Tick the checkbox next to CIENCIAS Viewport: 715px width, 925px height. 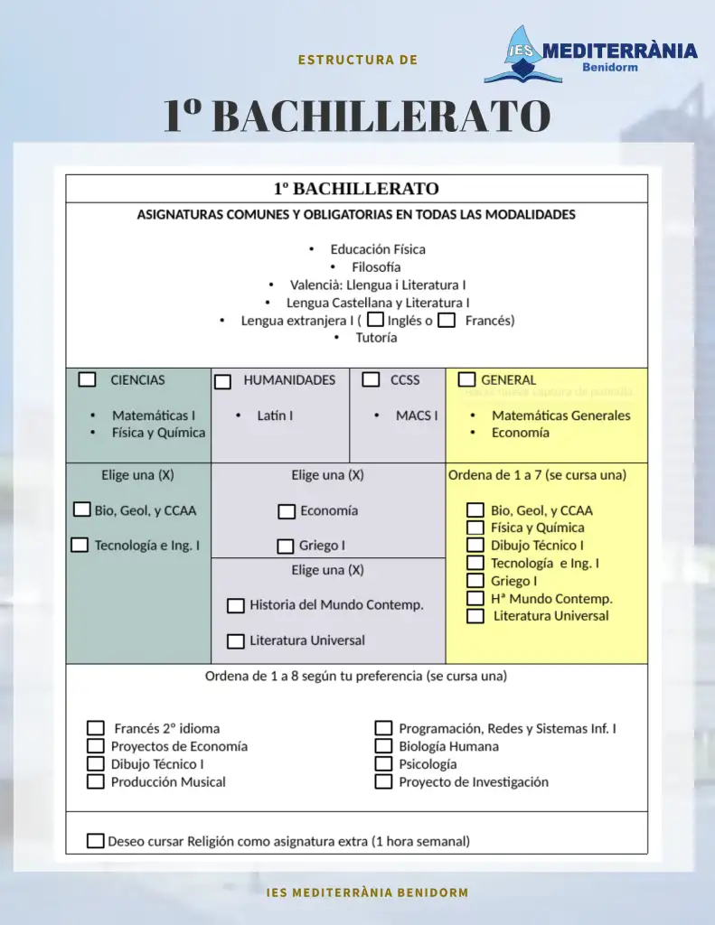pyautogui.click(x=87, y=379)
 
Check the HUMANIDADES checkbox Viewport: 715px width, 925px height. pyautogui.click(x=222, y=381)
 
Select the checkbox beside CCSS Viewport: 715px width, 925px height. pyautogui.click(x=371, y=379)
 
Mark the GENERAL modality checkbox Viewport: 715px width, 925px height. pyautogui.click(x=467, y=379)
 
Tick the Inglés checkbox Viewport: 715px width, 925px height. pyautogui.click(x=376, y=320)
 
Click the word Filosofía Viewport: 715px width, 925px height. pyautogui.click(x=376, y=266)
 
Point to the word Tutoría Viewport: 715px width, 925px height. pyautogui.click(x=376, y=337)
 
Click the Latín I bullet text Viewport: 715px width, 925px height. pyautogui.click(x=275, y=416)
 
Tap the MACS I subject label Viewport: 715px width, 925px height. pyautogui.click(x=416, y=416)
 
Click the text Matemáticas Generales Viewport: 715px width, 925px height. pyautogui.click(x=560, y=416)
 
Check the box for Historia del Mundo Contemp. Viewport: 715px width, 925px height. pyautogui.click(x=236, y=605)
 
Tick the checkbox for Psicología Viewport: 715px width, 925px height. pyautogui.click(x=383, y=763)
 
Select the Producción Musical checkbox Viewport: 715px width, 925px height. pyautogui.click(x=96, y=781)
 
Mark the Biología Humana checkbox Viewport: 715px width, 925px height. pyautogui.click(x=383, y=746)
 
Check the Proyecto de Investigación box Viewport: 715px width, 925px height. pyautogui.click(x=383, y=781)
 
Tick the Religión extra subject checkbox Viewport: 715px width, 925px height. pyautogui.click(x=96, y=841)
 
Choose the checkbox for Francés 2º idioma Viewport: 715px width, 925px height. pyautogui.click(x=96, y=728)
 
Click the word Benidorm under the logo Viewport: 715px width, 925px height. pyautogui.click(x=610, y=67)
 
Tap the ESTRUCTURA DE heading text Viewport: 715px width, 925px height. pyautogui.click(x=358, y=60)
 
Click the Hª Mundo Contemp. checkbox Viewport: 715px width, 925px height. pyautogui.click(x=475, y=598)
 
